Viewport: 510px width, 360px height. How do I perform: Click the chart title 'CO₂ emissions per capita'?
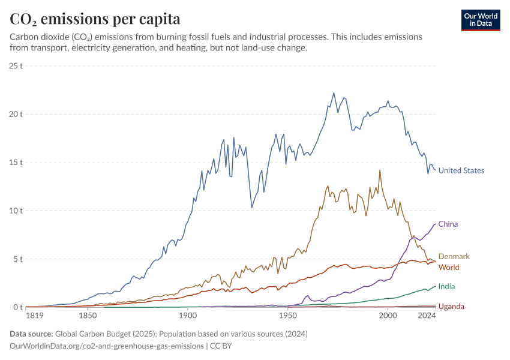coord(95,19)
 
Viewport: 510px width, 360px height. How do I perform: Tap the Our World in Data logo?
coord(480,20)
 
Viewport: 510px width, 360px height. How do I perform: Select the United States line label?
coord(461,170)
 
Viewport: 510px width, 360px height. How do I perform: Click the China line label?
coord(448,224)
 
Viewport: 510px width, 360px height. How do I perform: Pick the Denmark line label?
coord(454,257)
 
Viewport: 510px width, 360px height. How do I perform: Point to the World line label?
coord(449,267)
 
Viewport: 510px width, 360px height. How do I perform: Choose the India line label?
coord(446,287)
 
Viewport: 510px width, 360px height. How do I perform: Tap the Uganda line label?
coord(451,307)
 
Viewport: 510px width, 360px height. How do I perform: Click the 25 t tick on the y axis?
coord(16,65)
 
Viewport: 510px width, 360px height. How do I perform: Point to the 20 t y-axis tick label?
coord(16,114)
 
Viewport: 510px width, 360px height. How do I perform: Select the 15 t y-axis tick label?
coord(16,163)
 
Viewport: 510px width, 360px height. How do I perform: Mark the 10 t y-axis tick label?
coord(16,211)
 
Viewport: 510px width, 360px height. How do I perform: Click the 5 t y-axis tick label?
coord(18,259)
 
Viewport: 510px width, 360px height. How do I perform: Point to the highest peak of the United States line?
coord(334,93)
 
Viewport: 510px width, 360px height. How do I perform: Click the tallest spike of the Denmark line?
coord(380,170)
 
